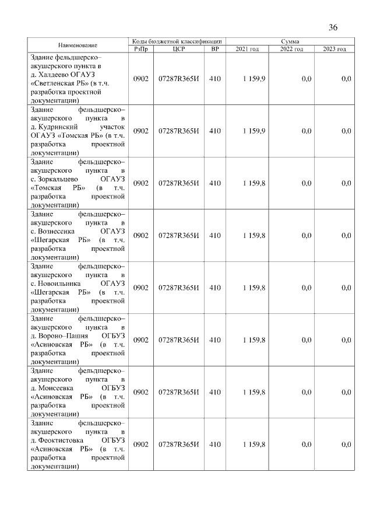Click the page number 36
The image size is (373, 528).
pyautogui.click(x=333, y=27)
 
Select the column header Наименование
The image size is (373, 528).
pyautogui.click(x=78, y=45)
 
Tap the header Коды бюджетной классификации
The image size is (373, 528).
pyautogui.click(x=177, y=41)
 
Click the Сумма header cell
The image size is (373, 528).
pyautogui.click(x=290, y=41)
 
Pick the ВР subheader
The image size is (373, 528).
pyautogui.click(x=215, y=49)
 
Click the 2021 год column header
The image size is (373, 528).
pyautogui.click(x=247, y=49)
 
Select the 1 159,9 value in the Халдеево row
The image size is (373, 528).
pyautogui.click(x=254, y=78)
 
